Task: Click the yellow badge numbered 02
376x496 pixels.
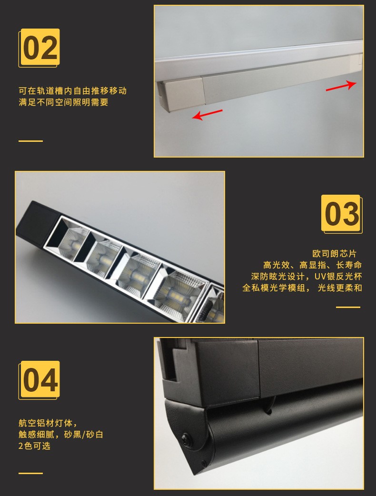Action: (39, 48)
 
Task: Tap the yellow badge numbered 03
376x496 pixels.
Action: (342, 214)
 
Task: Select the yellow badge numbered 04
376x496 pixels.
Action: (39, 380)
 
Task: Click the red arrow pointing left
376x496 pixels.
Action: (207, 115)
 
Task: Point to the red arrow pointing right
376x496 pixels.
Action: (341, 86)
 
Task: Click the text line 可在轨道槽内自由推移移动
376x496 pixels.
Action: (73, 91)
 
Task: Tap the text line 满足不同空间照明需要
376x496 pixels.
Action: (64, 102)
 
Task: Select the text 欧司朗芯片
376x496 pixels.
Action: (334, 254)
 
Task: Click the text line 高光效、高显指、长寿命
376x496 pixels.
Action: (312, 265)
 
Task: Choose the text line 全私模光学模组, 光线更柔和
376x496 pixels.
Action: (302, 288)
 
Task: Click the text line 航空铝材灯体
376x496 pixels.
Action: (48, 423)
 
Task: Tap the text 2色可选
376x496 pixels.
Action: (34, 446)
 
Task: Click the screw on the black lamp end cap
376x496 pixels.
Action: (186, 438)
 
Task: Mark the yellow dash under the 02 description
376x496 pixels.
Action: (30, 141)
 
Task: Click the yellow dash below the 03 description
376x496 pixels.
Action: (348, 307)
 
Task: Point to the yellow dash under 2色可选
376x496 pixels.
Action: (30, 473)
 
